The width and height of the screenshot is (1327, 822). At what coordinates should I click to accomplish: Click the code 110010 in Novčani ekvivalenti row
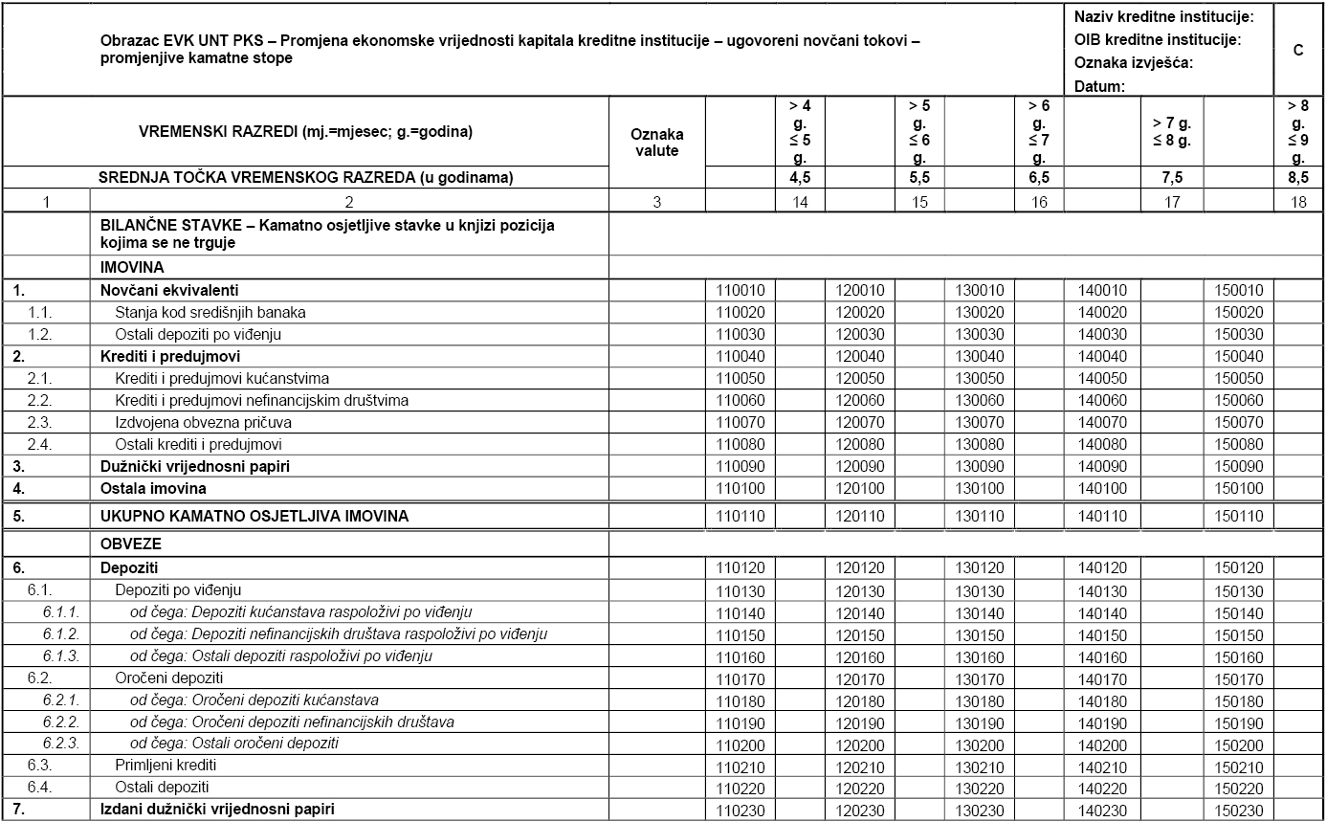pos(740,290)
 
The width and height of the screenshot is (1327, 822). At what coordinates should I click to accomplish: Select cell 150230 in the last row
pos(1239,811)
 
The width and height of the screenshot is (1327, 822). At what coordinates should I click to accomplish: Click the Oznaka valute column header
pos(657,143)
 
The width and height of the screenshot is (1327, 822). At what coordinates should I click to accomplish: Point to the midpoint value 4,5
pos(799,177)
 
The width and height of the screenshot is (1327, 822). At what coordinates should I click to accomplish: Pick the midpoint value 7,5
pos(1172,177)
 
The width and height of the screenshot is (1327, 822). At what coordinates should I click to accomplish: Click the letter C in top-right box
pos(1298,51)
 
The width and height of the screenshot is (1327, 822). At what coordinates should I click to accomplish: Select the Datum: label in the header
pos(1099,86)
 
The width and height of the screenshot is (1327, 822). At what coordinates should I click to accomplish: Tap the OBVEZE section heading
pos(130,544)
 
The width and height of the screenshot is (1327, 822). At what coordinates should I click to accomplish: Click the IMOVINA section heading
pos(133,268)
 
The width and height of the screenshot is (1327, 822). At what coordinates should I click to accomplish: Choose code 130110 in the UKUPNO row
pos(979,517)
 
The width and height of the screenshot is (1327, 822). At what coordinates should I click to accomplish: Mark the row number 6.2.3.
pos(61,743)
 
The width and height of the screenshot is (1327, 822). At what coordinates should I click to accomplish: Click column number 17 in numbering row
pos(1172,201)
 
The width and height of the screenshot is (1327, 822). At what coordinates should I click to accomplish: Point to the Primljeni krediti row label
pos(166,766)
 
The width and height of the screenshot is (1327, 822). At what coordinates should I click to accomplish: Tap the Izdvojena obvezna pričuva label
pos(203,422)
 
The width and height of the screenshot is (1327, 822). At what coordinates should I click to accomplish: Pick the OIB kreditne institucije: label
pos(1158,40)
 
